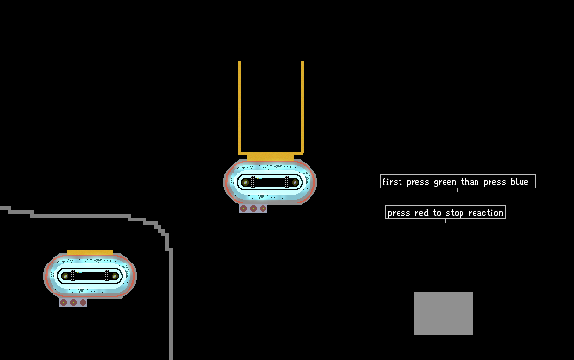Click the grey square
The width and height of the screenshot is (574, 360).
[443, 313]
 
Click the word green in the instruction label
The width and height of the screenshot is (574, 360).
[445, 182]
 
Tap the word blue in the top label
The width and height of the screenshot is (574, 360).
[520, 182]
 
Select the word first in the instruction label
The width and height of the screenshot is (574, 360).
[392, 182]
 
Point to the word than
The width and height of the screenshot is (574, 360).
[470, 182]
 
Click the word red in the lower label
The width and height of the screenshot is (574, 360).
[421, 213]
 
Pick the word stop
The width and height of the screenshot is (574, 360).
[455, 213]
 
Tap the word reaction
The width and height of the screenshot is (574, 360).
[486, 213]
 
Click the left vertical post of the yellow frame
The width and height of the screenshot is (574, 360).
[240, 107]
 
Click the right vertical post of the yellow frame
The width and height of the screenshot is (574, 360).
[302, 107]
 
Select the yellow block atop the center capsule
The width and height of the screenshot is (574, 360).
[270, 157]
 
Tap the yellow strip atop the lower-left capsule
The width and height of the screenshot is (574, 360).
[90, 252]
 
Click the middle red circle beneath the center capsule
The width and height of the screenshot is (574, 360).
[253, 208]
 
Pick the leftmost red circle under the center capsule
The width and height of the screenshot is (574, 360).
[244, 208]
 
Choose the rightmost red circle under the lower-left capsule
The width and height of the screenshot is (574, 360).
[83, 302]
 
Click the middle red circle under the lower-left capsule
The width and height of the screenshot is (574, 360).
[73, 302]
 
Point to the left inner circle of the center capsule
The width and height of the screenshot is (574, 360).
[246, 182]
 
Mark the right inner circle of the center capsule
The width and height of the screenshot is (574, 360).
[295, 182]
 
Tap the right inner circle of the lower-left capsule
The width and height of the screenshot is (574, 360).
[114, 276]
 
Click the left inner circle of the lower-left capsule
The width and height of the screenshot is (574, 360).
[66, 276]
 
